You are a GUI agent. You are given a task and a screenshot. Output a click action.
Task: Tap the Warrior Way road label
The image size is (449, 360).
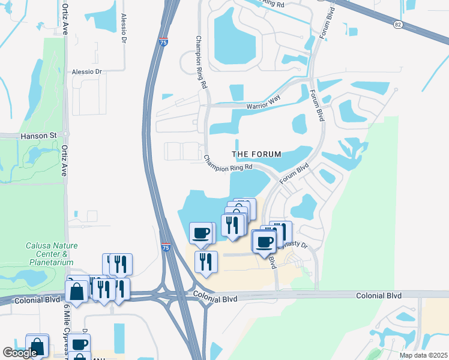coord(263,107)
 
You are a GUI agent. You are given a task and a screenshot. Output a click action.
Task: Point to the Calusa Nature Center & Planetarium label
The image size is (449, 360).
coord(50,254)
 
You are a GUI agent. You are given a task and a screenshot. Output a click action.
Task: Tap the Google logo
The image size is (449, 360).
coord(20,353)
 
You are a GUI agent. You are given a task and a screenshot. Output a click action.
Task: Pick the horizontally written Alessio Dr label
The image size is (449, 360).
coord(87,71)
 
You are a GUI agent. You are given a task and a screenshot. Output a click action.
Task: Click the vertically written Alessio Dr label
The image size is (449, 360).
coord(124,27)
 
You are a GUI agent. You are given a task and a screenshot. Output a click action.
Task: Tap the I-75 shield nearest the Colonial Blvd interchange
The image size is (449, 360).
coord(166,247)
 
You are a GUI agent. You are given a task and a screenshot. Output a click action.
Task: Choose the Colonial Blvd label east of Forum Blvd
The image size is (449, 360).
coord(378,296)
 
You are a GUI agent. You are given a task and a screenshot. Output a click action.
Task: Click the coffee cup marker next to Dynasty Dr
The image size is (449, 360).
coord(264,241)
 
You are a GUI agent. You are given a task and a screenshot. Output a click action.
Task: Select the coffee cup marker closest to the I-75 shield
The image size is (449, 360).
coord(201,232)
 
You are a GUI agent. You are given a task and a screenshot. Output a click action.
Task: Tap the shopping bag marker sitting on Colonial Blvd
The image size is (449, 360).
coord(77,292)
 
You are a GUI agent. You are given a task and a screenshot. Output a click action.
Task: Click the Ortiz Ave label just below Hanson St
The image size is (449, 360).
coord(64,158)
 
